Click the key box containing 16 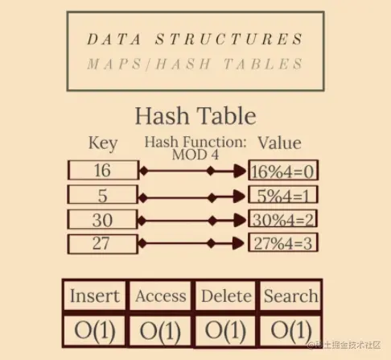click(x=104, y=170)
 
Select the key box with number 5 click(x=103, y=194)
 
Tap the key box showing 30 click(x=102, y=219)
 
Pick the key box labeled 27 click(x=102, y=244)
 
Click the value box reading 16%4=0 click(x=283, y=170)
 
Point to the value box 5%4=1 click(x=283, y=194)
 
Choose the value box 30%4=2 click(x=283, y=219)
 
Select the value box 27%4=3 click(x=283, y=242)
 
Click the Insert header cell click(x=95, y=296)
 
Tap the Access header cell click(x=160, y=296)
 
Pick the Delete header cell click(x=226, y=296)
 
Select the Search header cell click(x=290, y=296)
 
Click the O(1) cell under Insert click(x=95, y=330)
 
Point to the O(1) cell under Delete click(x=225, y=330)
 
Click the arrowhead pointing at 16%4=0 click(x=240, y=171)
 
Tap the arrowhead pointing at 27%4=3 click(x=238, y=243)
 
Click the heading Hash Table click(x=195, y=116)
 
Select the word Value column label click(x=279, y=143)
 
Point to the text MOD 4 click(x=195, y=155)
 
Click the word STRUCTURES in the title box click(x=229, y=39)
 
